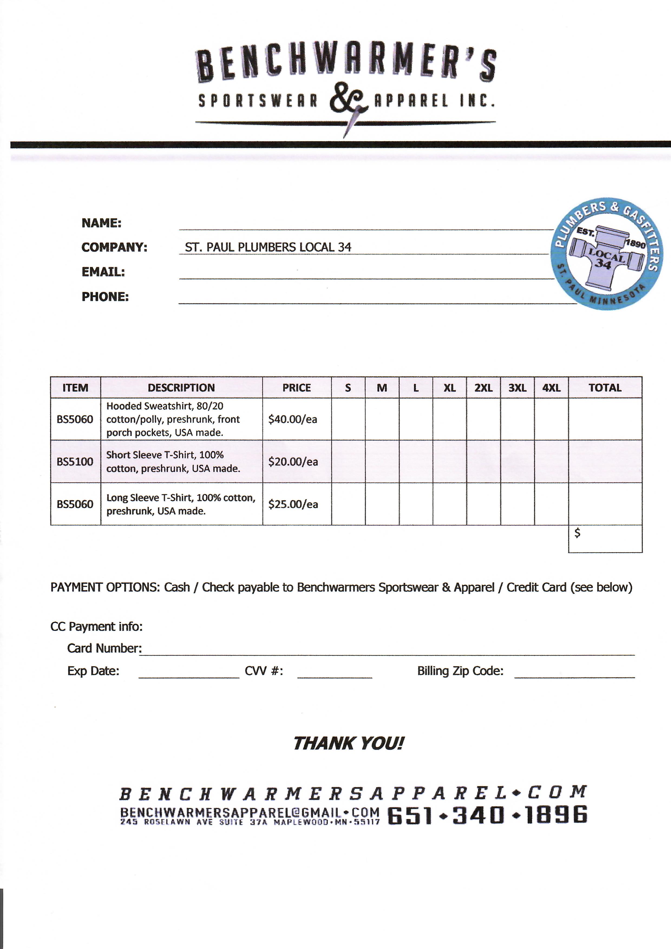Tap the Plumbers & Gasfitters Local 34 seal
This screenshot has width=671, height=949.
click(606, 253)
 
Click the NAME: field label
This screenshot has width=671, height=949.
click(101, 223)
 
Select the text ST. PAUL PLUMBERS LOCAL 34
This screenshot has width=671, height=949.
click(268, 247)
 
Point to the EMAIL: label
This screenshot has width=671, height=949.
click(103, 272)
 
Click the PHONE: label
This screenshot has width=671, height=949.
click(105, 297)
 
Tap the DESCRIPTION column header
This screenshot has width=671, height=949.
click(181, 388)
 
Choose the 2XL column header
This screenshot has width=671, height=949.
click(483, 388)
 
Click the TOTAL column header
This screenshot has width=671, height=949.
click(605, 388)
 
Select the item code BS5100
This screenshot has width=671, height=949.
click(75, 462)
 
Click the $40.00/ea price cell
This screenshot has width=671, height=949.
click(293, 419)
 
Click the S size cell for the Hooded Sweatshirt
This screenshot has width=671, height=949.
click(348, 419)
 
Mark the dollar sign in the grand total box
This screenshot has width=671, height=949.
click(578, 533)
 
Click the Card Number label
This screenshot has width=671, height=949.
click(104, 648)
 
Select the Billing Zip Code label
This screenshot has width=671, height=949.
click(460, 671)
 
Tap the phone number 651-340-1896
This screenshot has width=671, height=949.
click(487, 815)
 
